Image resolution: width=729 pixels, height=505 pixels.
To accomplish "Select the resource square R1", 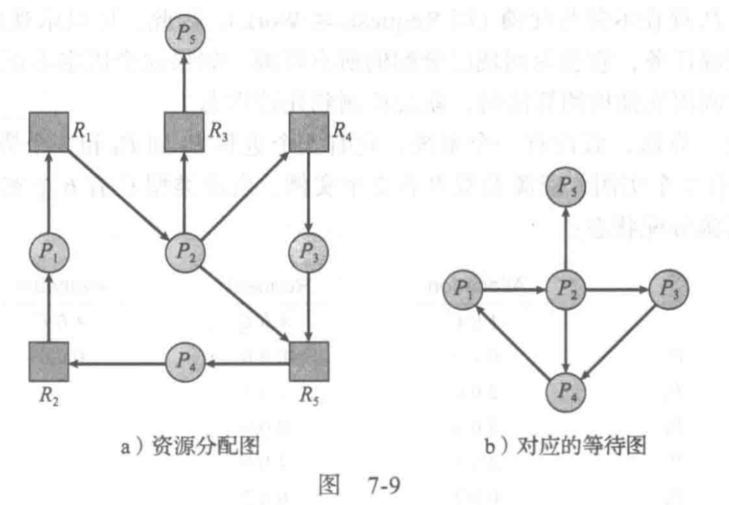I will [x=49, y=131].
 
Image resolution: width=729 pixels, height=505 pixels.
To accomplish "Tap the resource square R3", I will [x=184, y=131].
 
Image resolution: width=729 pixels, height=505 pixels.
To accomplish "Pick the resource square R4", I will [x=308, y=131].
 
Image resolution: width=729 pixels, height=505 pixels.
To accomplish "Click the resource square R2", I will [x=49, y=361].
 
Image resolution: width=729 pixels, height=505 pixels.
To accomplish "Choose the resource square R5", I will [x=308, y=361].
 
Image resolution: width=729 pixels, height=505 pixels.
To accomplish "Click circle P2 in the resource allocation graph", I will [x=184, y=251].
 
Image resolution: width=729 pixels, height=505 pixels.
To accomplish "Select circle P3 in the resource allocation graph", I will [x=308, y=251].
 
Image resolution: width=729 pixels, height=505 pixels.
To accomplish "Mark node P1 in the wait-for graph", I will [x=462, y=290].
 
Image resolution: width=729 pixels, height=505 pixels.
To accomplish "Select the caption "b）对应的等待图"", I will [x=565, y=447].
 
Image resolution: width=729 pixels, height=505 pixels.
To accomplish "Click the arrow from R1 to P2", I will [x=118, y=191].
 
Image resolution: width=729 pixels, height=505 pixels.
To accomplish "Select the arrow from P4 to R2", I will [x=118, y=363].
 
